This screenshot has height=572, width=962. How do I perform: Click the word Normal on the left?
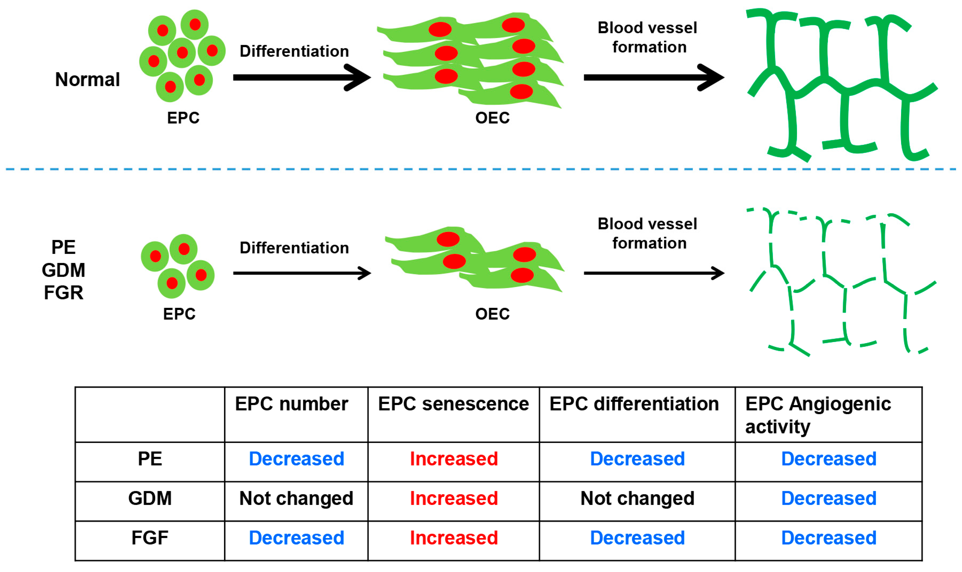click(x=87, y=79)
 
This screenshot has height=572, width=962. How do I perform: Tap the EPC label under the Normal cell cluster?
click(x=183, y=118)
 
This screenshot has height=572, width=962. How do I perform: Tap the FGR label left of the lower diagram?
click(x=64, y=293)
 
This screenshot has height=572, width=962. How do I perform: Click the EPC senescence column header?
click(x=453, y=404)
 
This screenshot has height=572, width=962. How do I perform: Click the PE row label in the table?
click(x=150, y=459)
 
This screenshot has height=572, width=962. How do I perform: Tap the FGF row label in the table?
click(x=150, y=538)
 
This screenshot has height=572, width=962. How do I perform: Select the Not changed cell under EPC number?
click(x=296, y=498)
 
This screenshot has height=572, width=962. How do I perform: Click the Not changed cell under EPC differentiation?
click(x=637, y=498)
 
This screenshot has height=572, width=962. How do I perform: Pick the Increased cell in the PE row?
click(x=453, y=459)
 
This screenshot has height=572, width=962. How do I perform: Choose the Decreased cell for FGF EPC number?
click(x=296, y=538)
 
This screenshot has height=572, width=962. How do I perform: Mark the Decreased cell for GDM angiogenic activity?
click(x=828, y=498)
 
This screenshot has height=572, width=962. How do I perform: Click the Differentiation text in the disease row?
click(x=294, y=248)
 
